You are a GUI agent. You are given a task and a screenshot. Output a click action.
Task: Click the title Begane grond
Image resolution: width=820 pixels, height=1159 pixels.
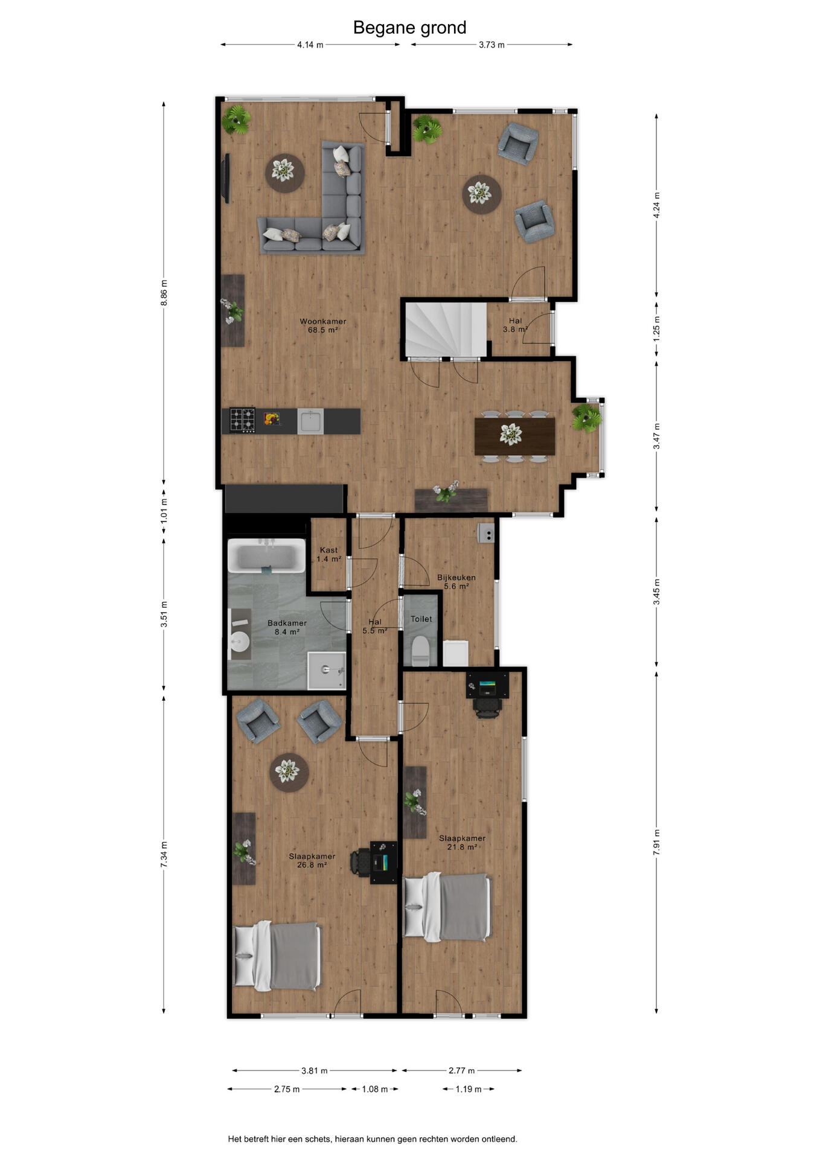point(409,28)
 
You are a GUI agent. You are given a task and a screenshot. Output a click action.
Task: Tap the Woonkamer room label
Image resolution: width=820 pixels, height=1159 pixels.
point(323,321)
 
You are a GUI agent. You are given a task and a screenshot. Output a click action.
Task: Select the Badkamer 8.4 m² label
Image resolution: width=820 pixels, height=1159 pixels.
point(287,627)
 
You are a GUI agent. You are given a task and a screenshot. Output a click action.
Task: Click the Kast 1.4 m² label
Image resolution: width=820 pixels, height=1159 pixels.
point(329,554)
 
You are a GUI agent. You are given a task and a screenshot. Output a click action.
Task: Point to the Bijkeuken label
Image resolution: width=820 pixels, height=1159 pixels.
point(456,577)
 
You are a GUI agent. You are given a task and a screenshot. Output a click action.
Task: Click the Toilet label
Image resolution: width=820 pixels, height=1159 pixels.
point(421,619)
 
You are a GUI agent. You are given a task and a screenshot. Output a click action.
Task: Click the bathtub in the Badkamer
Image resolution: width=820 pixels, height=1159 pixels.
point(266,555)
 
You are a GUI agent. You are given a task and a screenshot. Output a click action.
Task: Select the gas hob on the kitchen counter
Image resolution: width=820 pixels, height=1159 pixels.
point(242,421)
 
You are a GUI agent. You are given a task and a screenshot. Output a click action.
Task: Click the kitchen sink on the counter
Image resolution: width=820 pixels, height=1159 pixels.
point(310,421)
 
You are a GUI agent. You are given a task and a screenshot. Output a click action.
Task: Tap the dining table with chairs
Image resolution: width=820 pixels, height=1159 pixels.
point(514,436)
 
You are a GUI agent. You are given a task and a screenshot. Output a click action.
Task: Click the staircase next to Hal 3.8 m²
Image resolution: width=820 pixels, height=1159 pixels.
point(446,330)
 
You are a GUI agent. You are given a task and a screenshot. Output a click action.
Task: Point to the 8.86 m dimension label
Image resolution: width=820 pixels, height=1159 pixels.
point(164,292)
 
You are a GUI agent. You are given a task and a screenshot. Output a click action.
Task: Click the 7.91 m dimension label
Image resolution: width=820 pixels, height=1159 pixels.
point(656,842)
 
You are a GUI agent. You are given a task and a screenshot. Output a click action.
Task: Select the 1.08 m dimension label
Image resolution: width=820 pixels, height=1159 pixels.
point(374,1089)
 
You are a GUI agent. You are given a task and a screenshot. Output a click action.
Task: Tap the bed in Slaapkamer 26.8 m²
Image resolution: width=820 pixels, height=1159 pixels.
point(277,956)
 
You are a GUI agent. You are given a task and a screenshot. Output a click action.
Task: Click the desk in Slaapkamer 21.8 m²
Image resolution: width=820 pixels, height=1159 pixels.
point(487,685)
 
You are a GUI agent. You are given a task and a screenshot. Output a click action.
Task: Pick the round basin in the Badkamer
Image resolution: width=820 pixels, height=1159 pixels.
point(240,641)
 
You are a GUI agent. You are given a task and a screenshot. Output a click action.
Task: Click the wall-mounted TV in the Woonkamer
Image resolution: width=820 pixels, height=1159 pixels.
point(227,179)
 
